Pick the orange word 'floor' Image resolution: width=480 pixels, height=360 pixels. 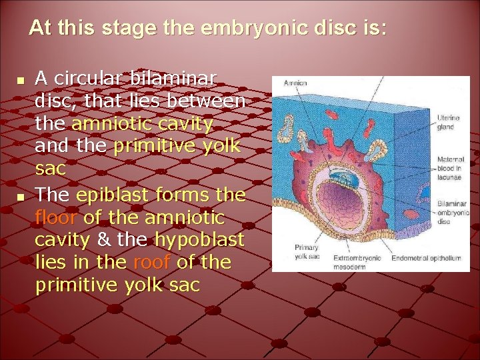[x=57, y=217]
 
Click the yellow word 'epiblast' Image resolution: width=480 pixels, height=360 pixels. [x=107, y=195]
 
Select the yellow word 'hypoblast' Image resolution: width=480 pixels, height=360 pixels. [x=199, y=240]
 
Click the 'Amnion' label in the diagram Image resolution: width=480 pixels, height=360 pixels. [x=295, y=83]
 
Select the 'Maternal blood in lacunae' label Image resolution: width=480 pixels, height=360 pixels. [x=451, y=168]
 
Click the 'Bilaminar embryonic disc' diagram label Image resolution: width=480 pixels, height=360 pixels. [x=453, y=213]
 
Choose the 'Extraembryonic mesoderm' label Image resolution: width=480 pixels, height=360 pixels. [x=359, y=262]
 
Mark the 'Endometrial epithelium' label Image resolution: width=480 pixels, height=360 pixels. [x=425, y=258]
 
